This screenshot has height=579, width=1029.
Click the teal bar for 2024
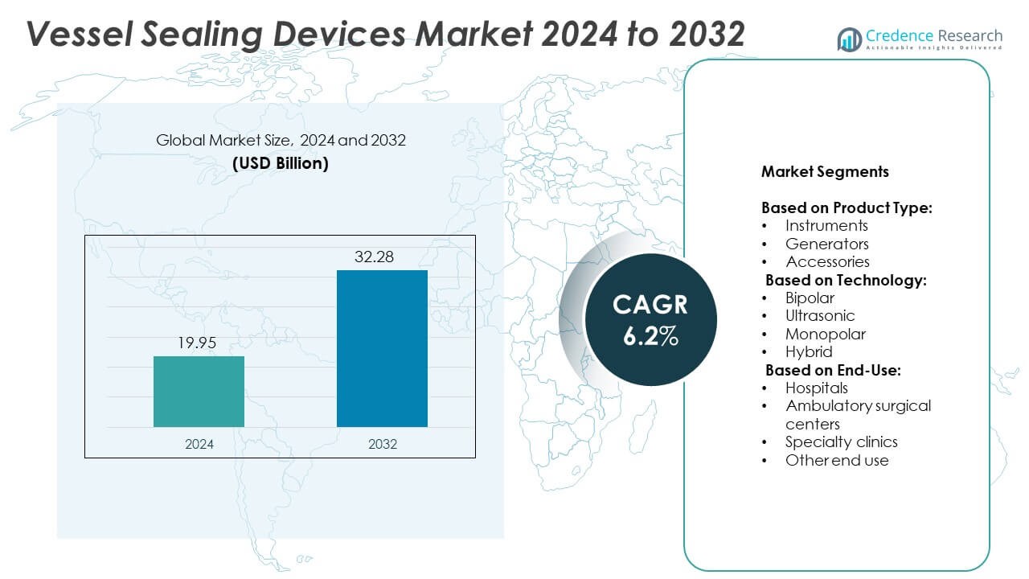(199, 391)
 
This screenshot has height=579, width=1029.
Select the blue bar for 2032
(382, 348)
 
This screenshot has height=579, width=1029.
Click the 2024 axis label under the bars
(199, 444)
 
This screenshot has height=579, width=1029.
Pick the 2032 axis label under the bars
(382, 444)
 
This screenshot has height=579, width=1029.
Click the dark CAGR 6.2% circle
(650, 319)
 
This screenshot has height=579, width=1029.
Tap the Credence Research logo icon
(850, 38)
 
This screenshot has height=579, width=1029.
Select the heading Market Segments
(825, 172)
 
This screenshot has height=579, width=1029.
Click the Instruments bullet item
(826, 226)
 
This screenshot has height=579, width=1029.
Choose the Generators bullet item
(827, 244)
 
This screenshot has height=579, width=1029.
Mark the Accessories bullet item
(827, 261)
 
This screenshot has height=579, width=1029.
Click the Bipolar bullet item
(810, 298)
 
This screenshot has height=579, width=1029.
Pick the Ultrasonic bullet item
(820, 315)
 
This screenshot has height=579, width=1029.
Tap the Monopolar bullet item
(826, 334)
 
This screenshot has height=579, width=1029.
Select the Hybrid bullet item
(809, 351)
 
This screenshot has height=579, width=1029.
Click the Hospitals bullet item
(816, 388)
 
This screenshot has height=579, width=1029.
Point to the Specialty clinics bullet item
(841, 441)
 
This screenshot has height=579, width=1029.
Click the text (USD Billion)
(281, 163)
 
